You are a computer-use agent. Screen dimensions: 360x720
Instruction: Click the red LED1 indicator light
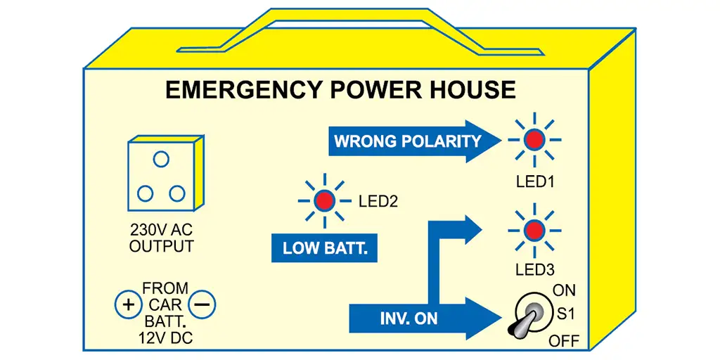coord(534,140)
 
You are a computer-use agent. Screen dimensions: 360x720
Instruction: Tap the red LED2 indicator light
coord(324,200)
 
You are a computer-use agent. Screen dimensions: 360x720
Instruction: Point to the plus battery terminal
coord(128,305)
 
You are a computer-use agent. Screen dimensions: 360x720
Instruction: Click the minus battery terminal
coord(202,305)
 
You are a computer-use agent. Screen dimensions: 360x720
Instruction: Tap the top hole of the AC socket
coord(161,160)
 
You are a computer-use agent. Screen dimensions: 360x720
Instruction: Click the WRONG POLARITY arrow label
coord(408,141)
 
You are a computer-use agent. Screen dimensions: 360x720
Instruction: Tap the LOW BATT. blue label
coord(324,248)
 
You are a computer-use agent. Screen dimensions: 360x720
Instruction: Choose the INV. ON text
coord(409,318)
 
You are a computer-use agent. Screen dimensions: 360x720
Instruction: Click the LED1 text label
coord(535,181)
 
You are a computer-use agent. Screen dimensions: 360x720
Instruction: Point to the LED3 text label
coord(535,269)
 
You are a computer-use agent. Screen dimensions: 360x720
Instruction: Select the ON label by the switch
coord(564,290)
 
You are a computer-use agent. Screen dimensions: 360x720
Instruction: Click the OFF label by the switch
coord(564,342)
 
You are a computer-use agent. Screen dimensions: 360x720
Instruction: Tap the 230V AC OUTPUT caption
coord(162,238)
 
